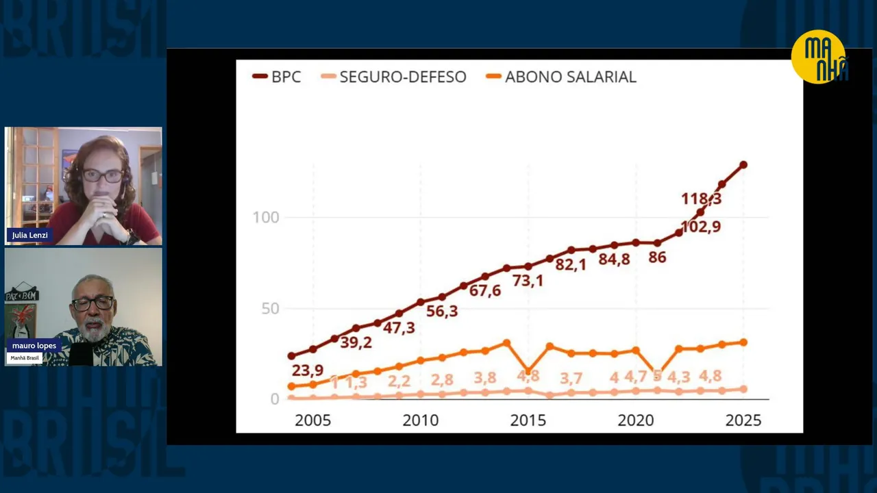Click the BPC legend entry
click(x=277, y=77)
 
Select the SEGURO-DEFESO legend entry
click(x=394, y=77)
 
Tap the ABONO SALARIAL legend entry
click(x=561, y=77)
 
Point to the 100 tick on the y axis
click(x=266, y=218)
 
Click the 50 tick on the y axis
click(x=269, y=309)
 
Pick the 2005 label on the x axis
click(x=312, y=420)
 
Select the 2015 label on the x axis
click(x=528, y=420)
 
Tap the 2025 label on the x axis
click(x=743, y=420)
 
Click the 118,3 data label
click(x=701, y=199)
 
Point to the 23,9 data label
click(x=308, y=370)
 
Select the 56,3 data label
click(x=441, y=311)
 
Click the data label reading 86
click(x=657, y=257)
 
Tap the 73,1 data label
click(x=528, y=280)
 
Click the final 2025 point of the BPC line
click(x=743, y=165)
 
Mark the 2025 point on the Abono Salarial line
click(x=743, y=342)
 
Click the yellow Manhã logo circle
click(x=819, y=57)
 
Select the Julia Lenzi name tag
click(x=29, y=235)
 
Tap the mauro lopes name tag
click(x=34, y=346)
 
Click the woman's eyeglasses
click(x=103, y=175)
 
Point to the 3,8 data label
click(x=485, y=378)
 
